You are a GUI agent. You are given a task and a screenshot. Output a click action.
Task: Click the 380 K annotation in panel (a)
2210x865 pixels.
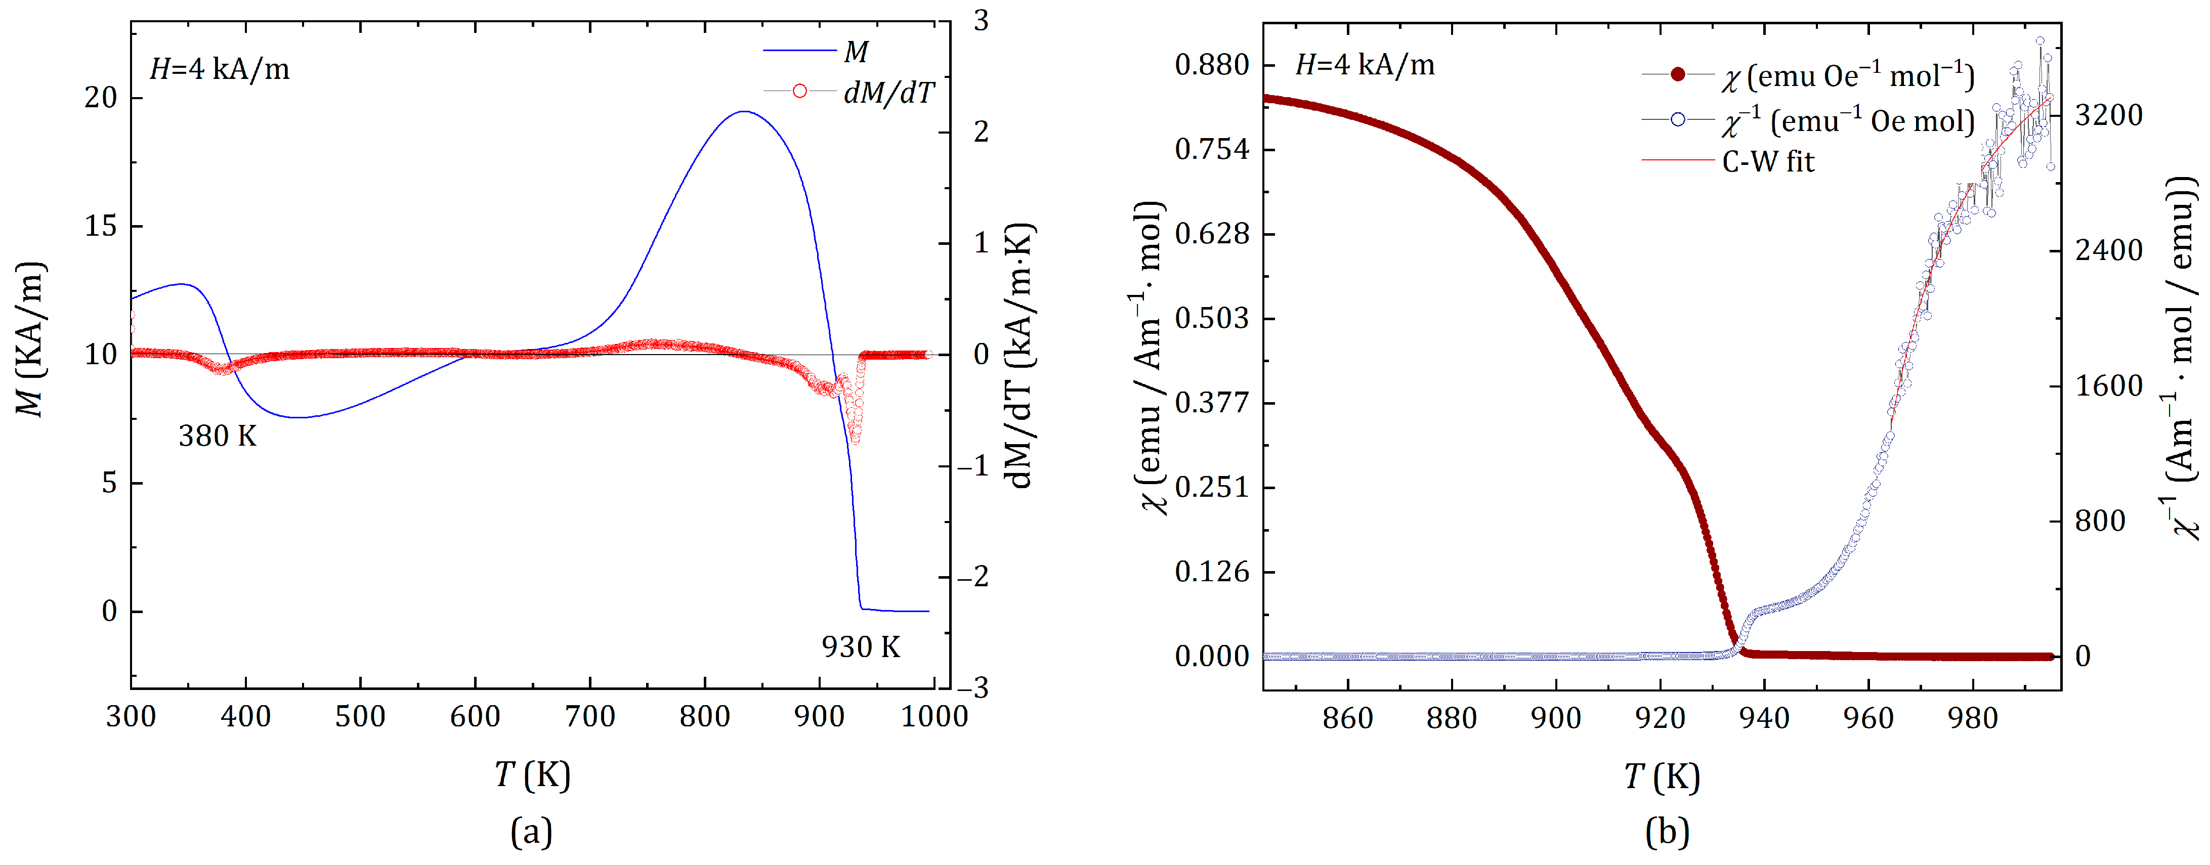click(x=217, y=437)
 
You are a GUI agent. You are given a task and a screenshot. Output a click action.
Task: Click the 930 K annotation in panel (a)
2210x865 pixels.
click(x=861, y=647)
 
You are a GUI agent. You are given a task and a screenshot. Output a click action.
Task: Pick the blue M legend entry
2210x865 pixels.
click(x=856, y=52)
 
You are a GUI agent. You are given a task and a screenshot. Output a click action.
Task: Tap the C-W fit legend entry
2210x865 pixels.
click(x=1767, y=161)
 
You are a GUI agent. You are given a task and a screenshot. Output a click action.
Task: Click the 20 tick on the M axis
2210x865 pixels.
click(x=100, y=98)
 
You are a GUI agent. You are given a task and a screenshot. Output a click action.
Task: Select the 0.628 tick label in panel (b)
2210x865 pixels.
click(x=1211, y=233)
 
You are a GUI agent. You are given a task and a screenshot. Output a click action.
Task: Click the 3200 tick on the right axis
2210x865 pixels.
click(x=2108, y=115)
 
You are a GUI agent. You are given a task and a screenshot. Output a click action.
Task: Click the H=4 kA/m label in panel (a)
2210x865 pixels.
click(x=220, y=69)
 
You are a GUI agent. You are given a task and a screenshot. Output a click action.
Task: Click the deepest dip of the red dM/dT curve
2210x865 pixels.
click(x=855, y=440)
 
